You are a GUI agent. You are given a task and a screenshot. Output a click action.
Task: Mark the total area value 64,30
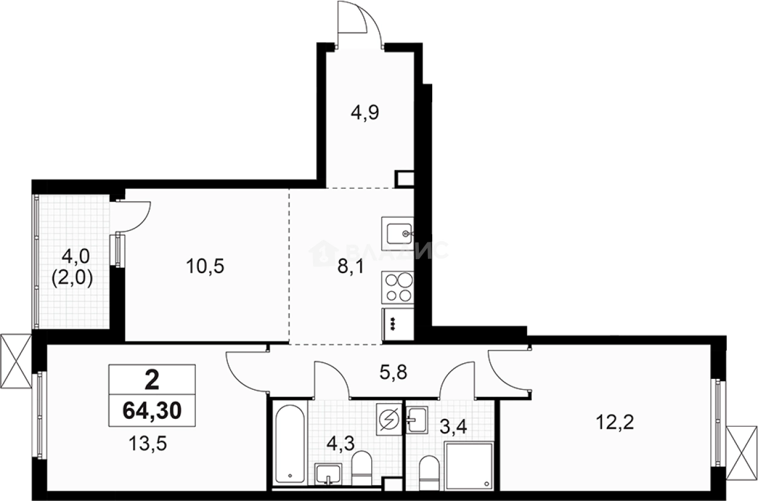(x=152, y=411)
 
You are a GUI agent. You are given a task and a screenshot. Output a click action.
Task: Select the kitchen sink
(x=398, y=231)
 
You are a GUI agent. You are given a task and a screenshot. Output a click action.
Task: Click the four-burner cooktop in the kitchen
(x=398, y=287)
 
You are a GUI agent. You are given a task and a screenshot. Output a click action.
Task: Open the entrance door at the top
(x=360, y=24)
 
